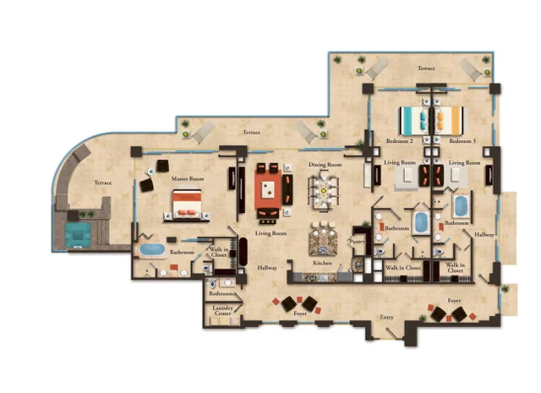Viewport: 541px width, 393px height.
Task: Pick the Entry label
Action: tap(387, 317)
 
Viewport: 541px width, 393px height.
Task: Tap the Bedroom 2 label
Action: tap(400, 140)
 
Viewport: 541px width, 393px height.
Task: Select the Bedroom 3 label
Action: tap(462, 140)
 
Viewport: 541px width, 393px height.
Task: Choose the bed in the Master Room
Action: tap(187, 204)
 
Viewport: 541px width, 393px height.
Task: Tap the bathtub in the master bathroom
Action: tap(153, 249)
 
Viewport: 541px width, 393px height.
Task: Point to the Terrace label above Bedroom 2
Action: tap(425, 68)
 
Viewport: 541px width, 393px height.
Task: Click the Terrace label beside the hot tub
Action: tap(102, 182)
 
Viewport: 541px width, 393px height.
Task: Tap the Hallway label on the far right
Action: tap(484, 233)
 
